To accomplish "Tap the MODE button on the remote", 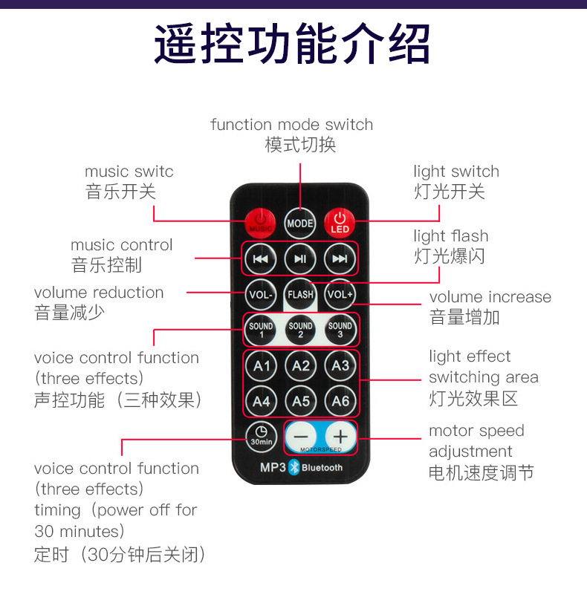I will (x=300, y=221).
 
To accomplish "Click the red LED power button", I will (x=340, y=221).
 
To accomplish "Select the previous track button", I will (x=261, y=259).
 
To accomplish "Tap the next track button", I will (x=340, y=259).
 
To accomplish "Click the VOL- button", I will (x=261, y=295).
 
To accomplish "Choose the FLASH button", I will (x=300, y=295).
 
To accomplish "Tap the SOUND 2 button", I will (x=300, y=330).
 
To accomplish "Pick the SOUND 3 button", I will (x=340, y=330).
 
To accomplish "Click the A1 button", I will (x=262, y=365).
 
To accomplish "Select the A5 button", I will (x=300, y=401).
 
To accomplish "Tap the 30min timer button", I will (x=261, y=436).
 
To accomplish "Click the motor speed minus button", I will (x=300, y=437).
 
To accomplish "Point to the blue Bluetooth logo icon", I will (x=293, y=468).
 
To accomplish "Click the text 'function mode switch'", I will (x=291, y=125).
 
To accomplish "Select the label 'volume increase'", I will (x=490, y=297).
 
